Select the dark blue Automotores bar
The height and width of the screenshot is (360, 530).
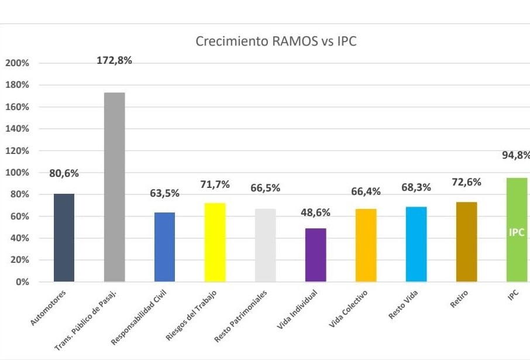pos(64,237)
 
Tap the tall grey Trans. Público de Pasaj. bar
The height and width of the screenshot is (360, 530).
pos(114,187)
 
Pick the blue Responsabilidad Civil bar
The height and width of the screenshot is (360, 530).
pos(164,246)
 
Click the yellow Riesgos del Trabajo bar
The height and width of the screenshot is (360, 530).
pos(215,242)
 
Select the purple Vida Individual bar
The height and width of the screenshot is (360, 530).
pos(316,255)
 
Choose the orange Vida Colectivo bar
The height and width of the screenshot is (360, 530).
pos(366,245)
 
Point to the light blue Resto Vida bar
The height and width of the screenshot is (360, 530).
pos(416,244)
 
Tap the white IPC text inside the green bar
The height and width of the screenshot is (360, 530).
pos(517,232)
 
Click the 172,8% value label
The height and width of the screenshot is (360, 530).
pos(115,61)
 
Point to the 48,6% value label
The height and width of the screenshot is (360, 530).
pos(315,212)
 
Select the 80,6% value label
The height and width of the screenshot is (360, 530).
pos(64,173)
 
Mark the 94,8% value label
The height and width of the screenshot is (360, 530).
pos(515,155)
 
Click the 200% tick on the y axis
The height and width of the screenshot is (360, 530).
pos(17,63)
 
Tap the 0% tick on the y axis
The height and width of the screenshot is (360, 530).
pos(22,282)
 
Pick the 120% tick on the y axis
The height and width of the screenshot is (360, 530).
pos(17,150)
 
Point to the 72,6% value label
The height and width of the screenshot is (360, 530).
pos(466,182)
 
